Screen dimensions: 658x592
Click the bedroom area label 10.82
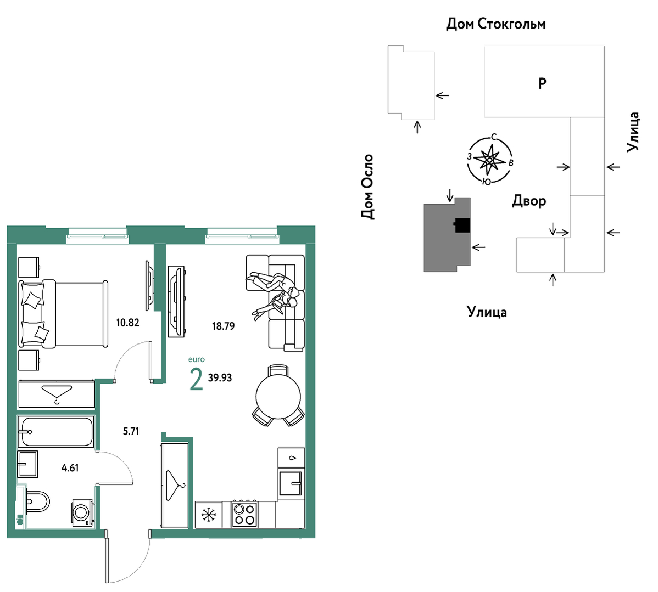pos(127,323)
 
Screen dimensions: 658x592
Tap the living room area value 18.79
pos(223,326)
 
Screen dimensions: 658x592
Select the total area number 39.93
pos(220,378)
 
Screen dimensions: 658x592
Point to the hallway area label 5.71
pos(131,431)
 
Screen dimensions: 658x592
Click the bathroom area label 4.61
pos(70,467)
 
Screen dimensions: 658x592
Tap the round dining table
pos(278,396)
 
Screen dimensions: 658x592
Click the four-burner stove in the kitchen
pos(245,514)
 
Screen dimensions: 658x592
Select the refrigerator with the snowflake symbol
pos(209,515)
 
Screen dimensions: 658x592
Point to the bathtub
pos(56,431)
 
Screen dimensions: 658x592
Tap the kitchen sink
pos(291,483)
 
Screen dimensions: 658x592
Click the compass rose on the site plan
pos(490,160)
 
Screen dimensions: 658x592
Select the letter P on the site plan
pos(542,83)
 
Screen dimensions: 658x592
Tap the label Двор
pos(529,201)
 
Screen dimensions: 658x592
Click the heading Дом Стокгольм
pos(495,24)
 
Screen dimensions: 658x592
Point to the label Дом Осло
pos(367,187)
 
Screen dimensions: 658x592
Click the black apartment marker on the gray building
pos(461,225)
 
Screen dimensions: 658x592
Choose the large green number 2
pos(197,379)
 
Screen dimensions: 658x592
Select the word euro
pos(197,359)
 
